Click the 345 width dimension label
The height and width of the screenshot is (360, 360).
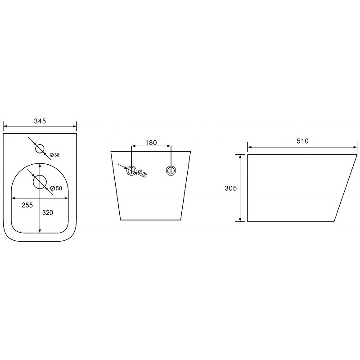pyautogui.click(x=40, y=121)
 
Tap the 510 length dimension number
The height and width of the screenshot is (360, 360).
pyautogui.click(x=302, y=141)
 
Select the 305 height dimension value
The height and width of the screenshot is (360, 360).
pyautogui.click(x=230, y=188)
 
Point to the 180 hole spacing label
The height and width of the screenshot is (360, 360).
pyautogui.click(x=151, y=143)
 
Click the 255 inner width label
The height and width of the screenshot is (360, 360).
pyautogui.click(x=27, y=205)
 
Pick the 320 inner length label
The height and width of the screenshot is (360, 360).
pyautogui.click(x=48, y=212)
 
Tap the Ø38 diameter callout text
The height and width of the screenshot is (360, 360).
pyautogui.click(x=54, y=155)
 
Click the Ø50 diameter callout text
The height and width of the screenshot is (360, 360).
pyautogui.click(x=56, y=188)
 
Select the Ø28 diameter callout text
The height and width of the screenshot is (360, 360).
pyautogui.click(x=142, y=173)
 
